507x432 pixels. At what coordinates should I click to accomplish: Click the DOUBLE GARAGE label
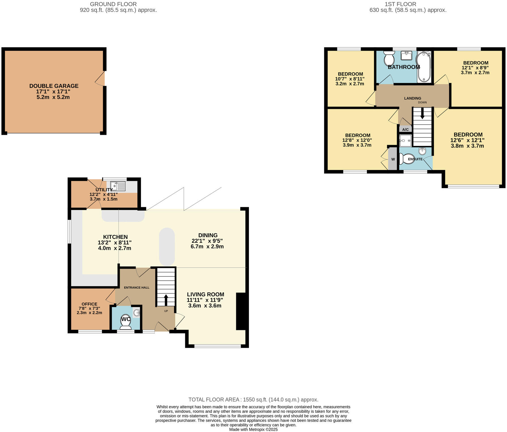point(54,86)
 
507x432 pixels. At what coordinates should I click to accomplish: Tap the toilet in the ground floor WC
point(126,322)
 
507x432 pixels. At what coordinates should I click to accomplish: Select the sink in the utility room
point(118,186)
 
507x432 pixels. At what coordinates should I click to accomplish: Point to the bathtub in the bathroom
point(424,67)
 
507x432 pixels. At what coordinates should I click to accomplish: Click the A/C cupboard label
point(405,129)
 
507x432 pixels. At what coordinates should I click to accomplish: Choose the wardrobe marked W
point(393,159)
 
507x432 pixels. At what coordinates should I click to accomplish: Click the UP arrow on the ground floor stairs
point(166,300)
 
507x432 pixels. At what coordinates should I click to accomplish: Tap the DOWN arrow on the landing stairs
point(422,114)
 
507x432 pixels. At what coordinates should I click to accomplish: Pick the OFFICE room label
point(89,304)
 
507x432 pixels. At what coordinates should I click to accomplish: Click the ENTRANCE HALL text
point(136,288)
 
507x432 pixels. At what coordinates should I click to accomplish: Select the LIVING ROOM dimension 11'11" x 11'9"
point(205,300)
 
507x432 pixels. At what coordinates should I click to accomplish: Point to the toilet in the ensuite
point(406,159)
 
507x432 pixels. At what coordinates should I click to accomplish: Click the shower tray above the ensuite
point(405,141)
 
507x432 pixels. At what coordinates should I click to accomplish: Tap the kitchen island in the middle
point(167,246)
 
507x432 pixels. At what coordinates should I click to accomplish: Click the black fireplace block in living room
point(241,311)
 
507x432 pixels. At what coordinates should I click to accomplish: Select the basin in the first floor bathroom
point(406,55)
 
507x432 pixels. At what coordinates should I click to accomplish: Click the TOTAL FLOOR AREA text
point(253,399)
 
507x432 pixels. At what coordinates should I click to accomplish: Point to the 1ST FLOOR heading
point(400,4)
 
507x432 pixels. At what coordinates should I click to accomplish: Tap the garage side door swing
point(100,78)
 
